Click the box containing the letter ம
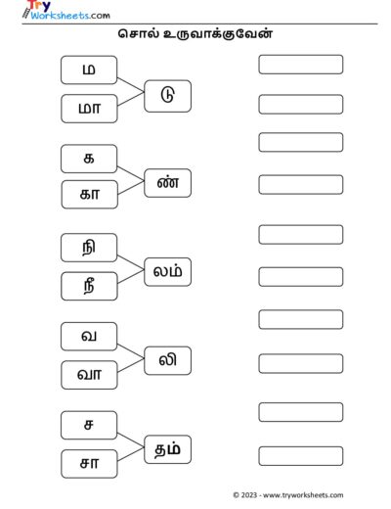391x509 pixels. coord(89,69)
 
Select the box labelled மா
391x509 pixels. coord(89,109)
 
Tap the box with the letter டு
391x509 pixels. coord(167,96)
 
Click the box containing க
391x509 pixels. coord(89,159)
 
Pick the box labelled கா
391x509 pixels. coord(89,195)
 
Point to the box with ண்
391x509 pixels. coord(167,183)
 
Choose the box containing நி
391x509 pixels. coord(89,248)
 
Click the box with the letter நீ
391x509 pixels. coord(89,286)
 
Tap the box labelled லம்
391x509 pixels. coord(167,272)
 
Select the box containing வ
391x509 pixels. coord(89,337)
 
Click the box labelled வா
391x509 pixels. coord(89,375)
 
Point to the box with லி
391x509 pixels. coord(167,360)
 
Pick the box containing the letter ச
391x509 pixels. coord(89,425)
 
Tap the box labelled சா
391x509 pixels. coord(89,464)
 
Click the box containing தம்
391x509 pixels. coord(167,449)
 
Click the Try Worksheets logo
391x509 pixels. coord(66,10)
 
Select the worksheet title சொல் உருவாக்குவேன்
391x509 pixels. coord(195,34)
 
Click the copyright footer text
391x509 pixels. coord(288,495)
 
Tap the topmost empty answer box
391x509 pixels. coord(301,65)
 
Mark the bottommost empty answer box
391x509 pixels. coord(301,456)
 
